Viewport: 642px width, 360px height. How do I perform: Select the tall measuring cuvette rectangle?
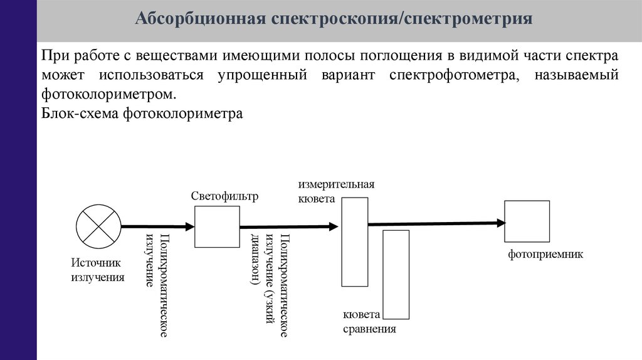click(x=355, y=241)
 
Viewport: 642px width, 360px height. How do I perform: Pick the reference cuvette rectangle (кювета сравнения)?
click(x=396, y=274)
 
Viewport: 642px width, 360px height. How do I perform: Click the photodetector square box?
click(x=527, y=221)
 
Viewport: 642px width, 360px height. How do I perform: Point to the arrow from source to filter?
click(x=157, y=226)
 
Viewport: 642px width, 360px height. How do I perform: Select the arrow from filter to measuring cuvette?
click(x=289, y=228)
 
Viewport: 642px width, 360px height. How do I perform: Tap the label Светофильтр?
click(x=224, y=197)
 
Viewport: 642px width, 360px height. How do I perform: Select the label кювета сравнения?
click(x=369, y=322)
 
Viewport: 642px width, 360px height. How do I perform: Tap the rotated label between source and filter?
click(x=157, y=285)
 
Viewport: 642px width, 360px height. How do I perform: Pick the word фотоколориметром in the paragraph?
click(x=105, y=95)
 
